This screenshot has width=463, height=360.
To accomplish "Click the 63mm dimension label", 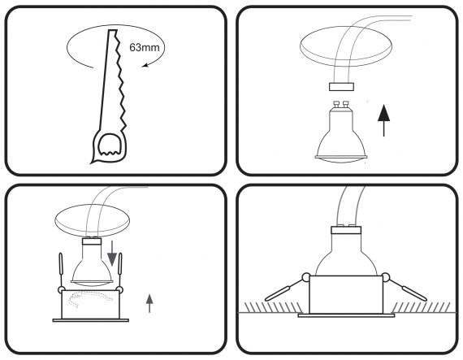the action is [x=145, y=47].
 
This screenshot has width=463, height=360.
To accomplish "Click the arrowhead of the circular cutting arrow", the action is [x=145, y=65].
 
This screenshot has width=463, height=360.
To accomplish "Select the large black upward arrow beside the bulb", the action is [x=384, y=120].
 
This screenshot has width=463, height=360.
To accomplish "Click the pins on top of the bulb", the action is [x=340, y=105].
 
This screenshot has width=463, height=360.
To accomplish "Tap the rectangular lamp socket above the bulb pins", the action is [x=341, y=87].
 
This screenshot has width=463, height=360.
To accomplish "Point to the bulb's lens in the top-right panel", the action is [x=340, y=158].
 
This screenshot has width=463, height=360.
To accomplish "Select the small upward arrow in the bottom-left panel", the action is [x=149, y=303].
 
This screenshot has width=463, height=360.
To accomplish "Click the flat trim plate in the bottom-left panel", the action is [x=91, y=320].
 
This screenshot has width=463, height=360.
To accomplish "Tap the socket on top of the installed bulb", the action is [x=346, y=229].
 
